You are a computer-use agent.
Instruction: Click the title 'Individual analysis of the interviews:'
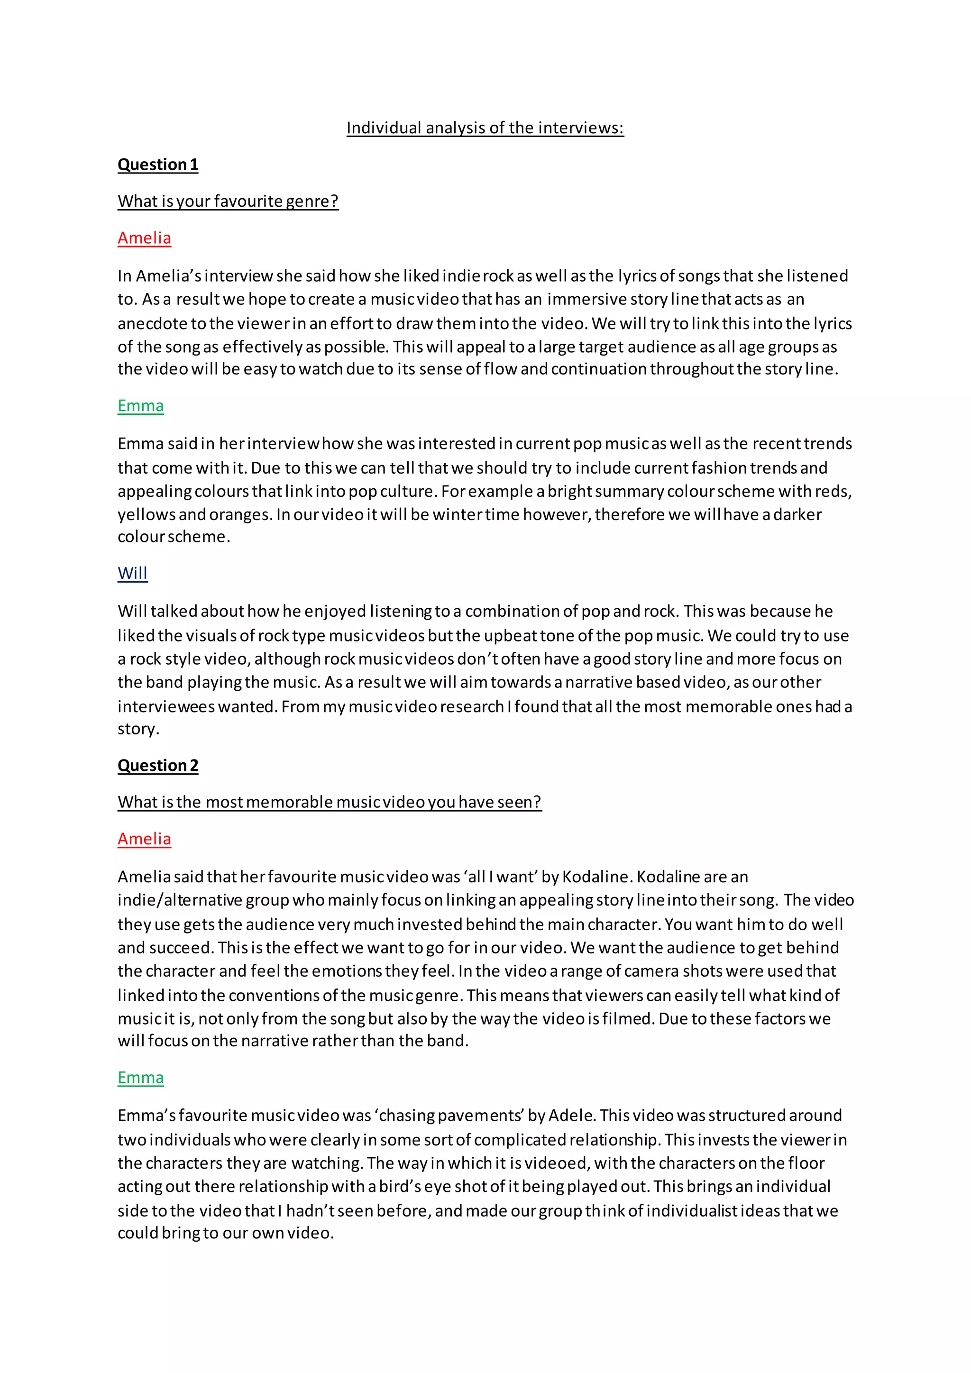[485, 128]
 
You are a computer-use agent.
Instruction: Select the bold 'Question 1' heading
[158, 165]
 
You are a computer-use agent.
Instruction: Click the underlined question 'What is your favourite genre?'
[228, 201]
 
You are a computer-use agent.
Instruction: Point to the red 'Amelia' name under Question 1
[144, 238]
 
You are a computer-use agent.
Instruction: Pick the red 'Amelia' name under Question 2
[144, 839]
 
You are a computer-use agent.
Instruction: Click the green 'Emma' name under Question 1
[140, 406]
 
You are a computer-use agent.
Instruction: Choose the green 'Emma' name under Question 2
[140, 1078]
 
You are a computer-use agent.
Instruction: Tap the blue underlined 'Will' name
[132, 574]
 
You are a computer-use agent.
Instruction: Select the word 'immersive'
[586, 299]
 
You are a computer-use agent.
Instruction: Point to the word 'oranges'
[239, 514]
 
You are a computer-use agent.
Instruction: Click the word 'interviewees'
[165, 707]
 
